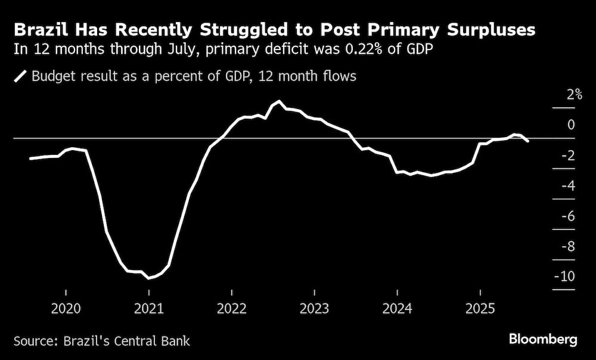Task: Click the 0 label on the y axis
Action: click(571, 125)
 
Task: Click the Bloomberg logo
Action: click(543, 340)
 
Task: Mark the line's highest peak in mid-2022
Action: click(280, 101)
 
